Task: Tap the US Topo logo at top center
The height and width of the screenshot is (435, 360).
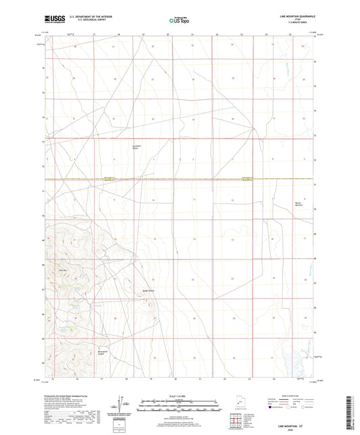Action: coord(178,21)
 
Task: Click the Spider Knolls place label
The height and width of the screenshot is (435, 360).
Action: coord(149,291)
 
